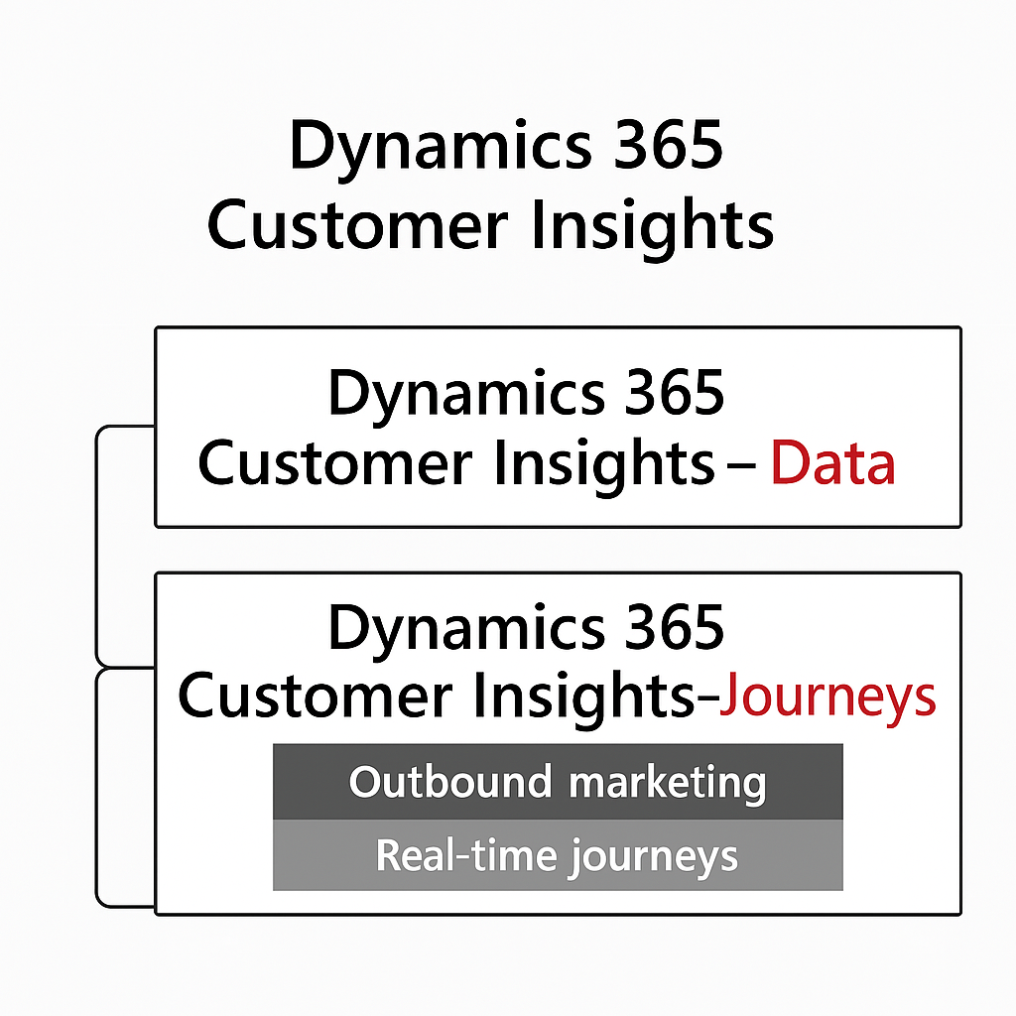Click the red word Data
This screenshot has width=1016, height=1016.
[832, 463]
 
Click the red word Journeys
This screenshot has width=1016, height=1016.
[827, 698]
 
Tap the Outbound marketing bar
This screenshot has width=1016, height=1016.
[558, 783]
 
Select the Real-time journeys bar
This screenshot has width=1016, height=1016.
[558, 855]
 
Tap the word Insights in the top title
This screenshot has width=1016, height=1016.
[652, 226]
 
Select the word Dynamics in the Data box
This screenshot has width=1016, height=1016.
[462, 393]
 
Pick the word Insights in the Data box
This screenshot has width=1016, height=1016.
[611, 463]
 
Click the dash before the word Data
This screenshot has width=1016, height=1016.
[741, 465]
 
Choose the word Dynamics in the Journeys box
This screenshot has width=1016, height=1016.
[462, 628]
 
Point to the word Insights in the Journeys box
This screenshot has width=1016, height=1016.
[589, 698]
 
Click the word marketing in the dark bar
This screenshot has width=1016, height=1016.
[667, 783]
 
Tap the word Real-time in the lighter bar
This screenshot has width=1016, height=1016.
[464, 855]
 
